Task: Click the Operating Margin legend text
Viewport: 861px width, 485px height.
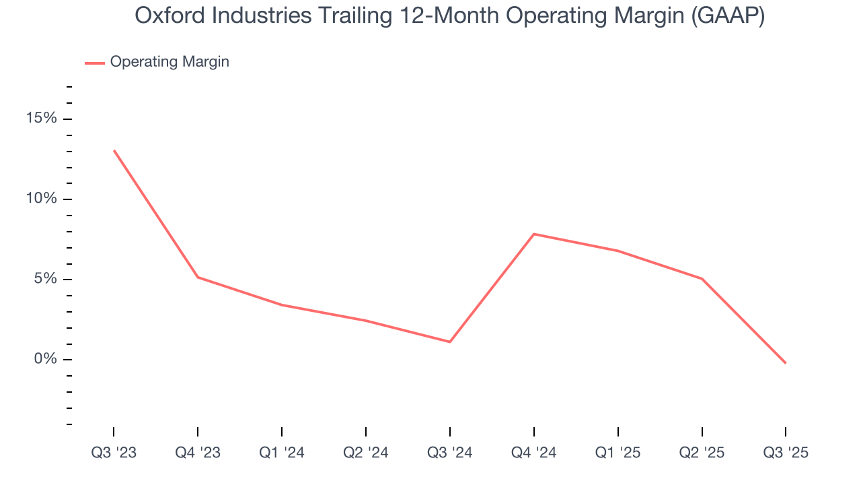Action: [x=170, y=62]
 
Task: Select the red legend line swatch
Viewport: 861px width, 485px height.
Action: [x=94, y=63]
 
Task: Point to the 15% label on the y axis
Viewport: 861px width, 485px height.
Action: [x=42, y=119]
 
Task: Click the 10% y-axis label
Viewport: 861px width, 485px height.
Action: [x=42, y=199]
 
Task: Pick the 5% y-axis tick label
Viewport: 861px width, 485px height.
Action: [x=46, y=279]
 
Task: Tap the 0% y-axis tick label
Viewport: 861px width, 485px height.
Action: [x=46, y=359]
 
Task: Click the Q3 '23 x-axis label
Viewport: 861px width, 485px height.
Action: [x=114, y=453]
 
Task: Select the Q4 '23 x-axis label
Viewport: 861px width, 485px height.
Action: [x=198, y=453]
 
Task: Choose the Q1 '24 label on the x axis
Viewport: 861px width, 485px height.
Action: [x=282, y=453]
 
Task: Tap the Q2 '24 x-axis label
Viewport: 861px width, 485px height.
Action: [x=366, y=453]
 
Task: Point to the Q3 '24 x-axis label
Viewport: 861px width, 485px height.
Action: [x=450, y=453]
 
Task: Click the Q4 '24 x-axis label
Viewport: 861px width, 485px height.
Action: [x=534, y=453]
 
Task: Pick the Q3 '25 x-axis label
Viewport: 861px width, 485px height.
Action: [x=786, y=453]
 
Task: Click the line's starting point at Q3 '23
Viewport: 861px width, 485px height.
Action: [x=114, y=151]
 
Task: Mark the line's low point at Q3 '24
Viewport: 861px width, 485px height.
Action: [x=450, y=342]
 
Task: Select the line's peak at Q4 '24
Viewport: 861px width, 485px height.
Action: [x=534, y=234]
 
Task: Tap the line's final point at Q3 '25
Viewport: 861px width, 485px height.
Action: [x=785, y=363]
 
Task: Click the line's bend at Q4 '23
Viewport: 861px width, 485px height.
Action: [x=198, y=277]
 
